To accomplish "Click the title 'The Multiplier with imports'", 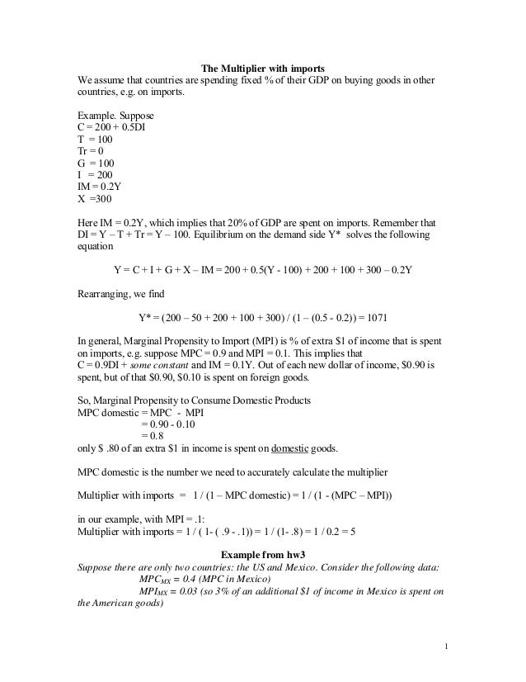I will pos(264,66).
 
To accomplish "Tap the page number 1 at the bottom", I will pos(446,645).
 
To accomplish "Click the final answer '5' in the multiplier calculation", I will pos(351,532).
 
